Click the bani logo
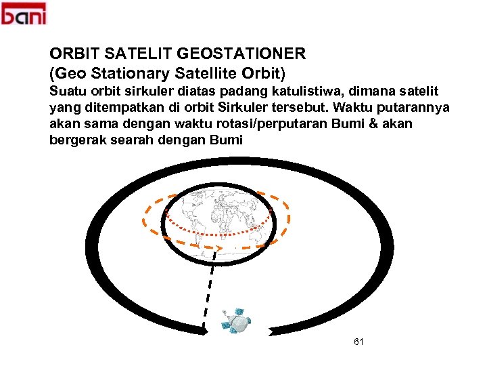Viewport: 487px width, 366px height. click(24, 14)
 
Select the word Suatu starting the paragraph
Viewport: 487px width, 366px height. click(68, 91)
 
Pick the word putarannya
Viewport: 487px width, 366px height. click(415, 108)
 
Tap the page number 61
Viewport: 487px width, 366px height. click(358, 342)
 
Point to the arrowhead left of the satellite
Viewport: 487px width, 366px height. click(202, 331)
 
